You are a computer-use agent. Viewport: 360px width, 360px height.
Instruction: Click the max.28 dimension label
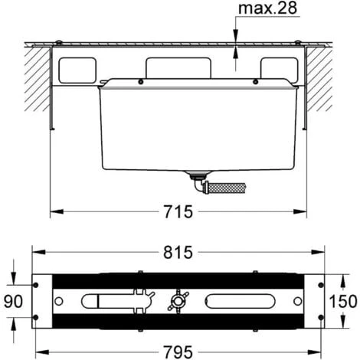264,10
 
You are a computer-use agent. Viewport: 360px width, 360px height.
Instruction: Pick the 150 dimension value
344,299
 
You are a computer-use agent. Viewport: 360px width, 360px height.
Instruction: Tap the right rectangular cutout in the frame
277,70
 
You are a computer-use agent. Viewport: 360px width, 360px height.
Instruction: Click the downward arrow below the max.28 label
236,35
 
